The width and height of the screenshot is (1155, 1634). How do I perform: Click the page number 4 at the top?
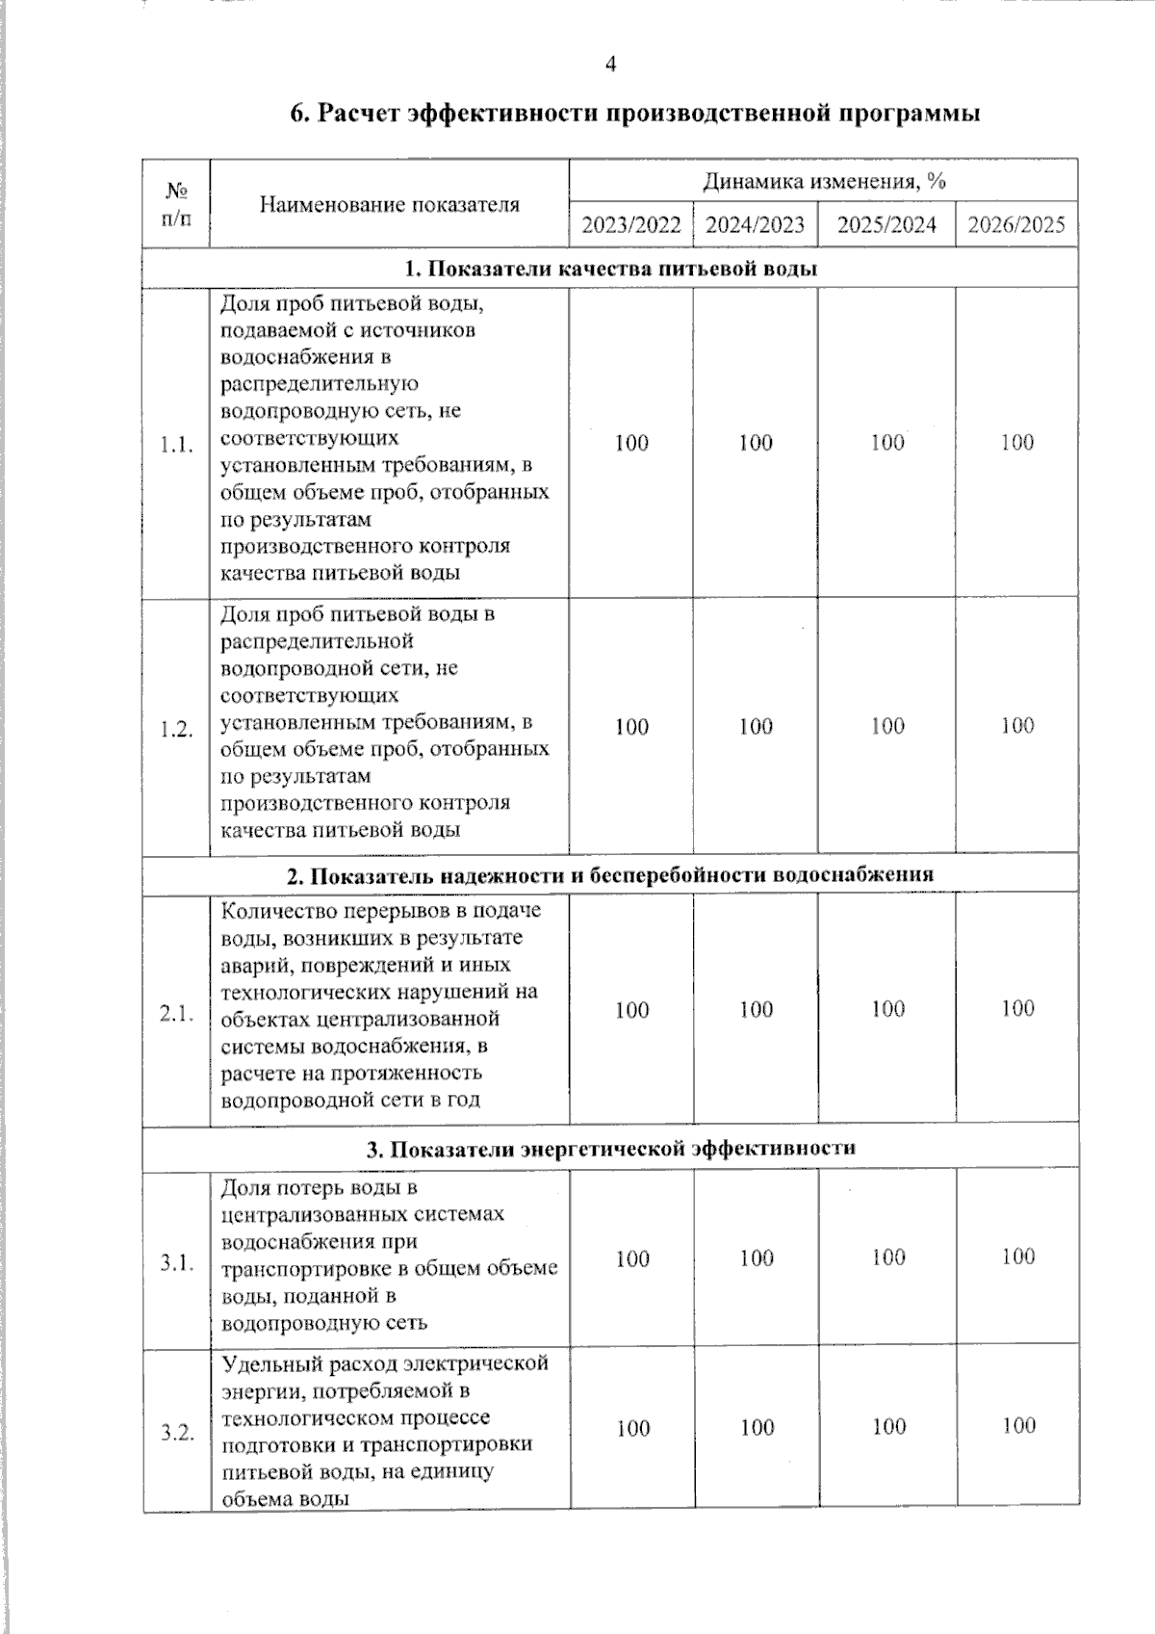tap(610, 65)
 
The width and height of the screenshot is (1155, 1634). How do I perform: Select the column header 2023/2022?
tap(631, 225)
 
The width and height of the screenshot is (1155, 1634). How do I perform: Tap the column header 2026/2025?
tap(1016, 225)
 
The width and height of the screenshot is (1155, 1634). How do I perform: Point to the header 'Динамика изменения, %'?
tap(823, 181)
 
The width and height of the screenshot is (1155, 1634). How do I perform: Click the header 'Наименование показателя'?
tap(389, 204)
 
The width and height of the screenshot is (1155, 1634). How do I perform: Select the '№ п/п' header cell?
tap(176, 203)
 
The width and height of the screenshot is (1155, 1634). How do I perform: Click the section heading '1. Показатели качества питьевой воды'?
tap(610, 269)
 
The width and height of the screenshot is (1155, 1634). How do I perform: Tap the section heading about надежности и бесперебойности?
tap(610, 875)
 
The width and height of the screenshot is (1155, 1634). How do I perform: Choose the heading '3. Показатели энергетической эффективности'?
tap(610, 1149)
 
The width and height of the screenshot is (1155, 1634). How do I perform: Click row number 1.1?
tap(176, 445)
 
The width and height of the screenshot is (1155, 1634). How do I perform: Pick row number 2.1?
tap(176, 1013)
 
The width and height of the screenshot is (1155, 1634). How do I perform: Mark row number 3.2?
tap(177, 1432)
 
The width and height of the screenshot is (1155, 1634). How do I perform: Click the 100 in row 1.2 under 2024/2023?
tap(756, 727)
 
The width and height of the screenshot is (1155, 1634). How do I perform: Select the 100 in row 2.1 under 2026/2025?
tap(1017, 1008)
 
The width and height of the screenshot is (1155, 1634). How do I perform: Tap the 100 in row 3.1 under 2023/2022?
tap(632, 1258)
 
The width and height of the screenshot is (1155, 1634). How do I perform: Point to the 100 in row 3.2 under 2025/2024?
tap(888, 1426)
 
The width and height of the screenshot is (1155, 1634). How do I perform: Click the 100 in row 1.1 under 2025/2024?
tap(887, 443)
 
